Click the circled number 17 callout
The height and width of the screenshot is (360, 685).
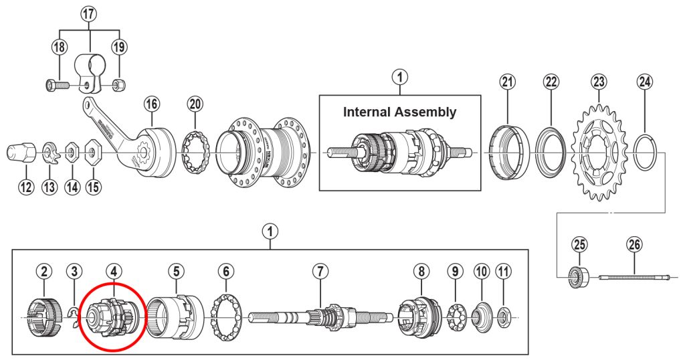(x=90, y=13)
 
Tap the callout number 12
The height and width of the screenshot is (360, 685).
(x=25, y=187)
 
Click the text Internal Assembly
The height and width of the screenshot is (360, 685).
(x=399, y=112)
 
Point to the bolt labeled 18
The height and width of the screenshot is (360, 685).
(x=58, y=86)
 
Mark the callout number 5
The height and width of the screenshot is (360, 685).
(x=176, y=271)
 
